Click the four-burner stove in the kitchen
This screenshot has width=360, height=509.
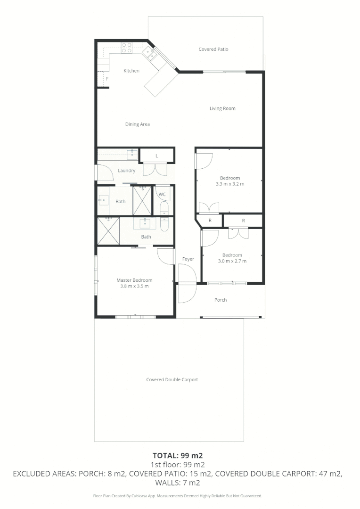127,48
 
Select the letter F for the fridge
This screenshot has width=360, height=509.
107,79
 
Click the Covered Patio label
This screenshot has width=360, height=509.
213,49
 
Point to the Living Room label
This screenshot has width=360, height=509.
222,108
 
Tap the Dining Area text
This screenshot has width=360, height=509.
138,124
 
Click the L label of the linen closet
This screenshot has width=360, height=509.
157,155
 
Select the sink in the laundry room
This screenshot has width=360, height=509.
132,154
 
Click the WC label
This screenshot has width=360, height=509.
162,194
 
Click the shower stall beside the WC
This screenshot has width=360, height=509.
142,201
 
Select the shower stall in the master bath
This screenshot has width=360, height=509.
108,231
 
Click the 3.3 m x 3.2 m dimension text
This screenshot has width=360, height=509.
229,184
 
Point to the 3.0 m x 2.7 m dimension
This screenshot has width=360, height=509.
232,261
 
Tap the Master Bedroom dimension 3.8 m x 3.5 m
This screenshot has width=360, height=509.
134,286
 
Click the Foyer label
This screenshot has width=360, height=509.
188,259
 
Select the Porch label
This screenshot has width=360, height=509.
221,300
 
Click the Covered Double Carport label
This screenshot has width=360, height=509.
172,379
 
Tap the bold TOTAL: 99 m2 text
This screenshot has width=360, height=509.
178,456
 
